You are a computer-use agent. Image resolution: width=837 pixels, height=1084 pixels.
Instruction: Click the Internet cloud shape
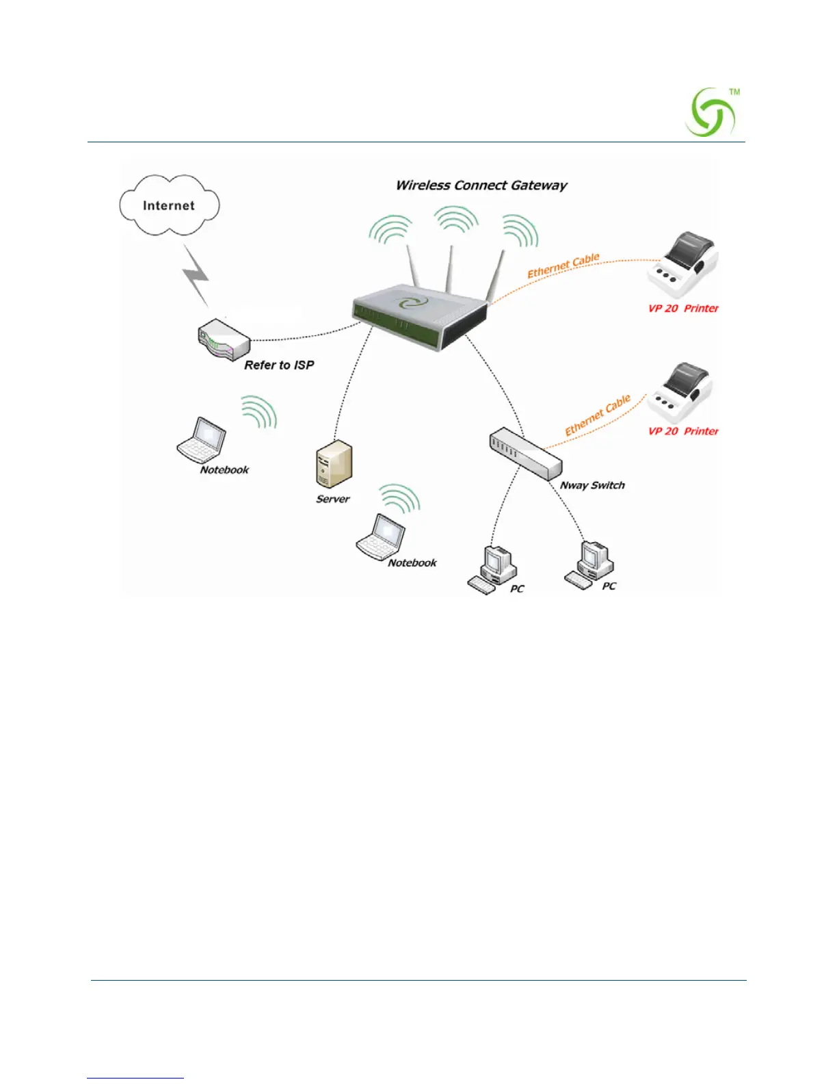[169, 205]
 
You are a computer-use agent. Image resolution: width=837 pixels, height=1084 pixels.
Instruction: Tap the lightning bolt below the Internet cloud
[196, 275]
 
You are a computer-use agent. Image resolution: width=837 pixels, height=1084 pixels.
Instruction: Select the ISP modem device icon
[223, 337]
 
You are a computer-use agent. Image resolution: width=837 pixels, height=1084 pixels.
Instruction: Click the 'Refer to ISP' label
[279, 365]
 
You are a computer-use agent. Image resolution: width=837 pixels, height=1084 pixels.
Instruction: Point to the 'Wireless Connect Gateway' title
[481, 185]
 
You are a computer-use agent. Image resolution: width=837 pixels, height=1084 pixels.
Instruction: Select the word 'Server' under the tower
[333, 500]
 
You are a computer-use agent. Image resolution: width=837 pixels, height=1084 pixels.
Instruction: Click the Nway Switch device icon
[524, 454]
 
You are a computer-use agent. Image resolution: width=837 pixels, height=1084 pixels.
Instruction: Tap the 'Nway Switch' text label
[592, 485]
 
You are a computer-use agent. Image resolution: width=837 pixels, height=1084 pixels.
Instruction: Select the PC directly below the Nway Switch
[494, 569]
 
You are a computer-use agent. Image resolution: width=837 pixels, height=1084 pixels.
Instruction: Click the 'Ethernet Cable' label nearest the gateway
[563, 266]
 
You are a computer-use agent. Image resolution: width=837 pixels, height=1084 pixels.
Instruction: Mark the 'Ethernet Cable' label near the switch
[598, 415]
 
